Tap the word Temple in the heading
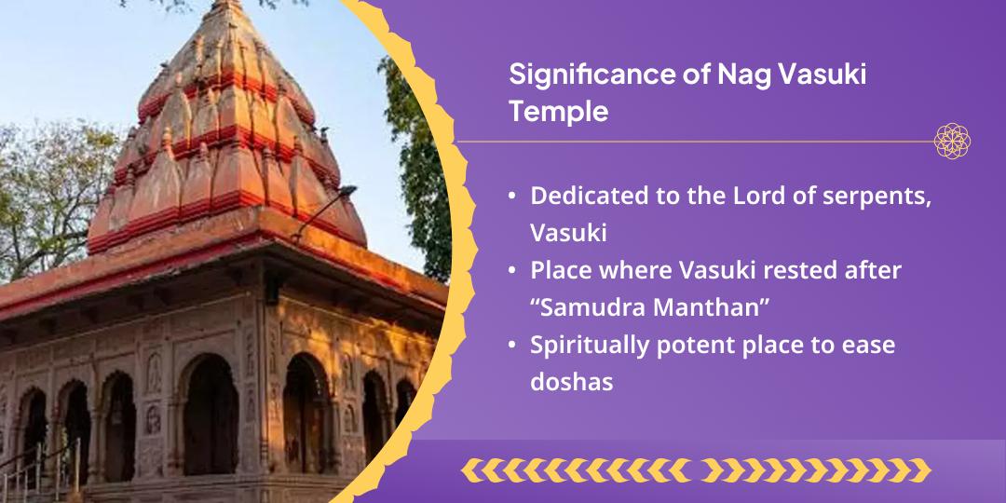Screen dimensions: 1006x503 click(x=558, y=113)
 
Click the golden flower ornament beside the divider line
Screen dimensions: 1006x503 click(x=952, y=142)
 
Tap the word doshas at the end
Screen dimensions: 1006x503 click(x=572, y=382)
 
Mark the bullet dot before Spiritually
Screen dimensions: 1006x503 click(x=511, y=346)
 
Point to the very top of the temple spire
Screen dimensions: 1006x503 click(x=225, y=2)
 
